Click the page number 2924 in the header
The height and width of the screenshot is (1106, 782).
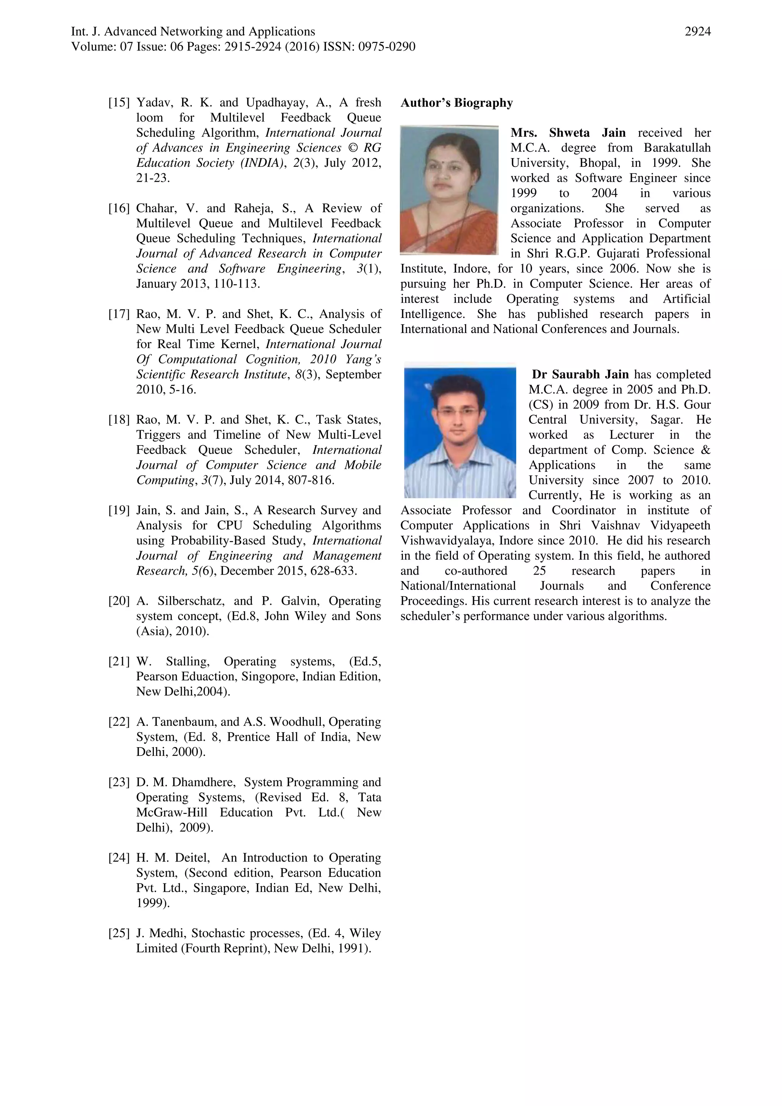click(697, 32)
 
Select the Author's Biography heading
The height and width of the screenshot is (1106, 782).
click(456, 103)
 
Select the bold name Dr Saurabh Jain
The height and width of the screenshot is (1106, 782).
click(580, 374)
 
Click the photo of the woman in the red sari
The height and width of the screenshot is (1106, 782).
click(449, 189)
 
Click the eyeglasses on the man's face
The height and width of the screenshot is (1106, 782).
click(458, 412)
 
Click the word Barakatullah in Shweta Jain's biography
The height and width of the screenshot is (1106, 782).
click(677, 148)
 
